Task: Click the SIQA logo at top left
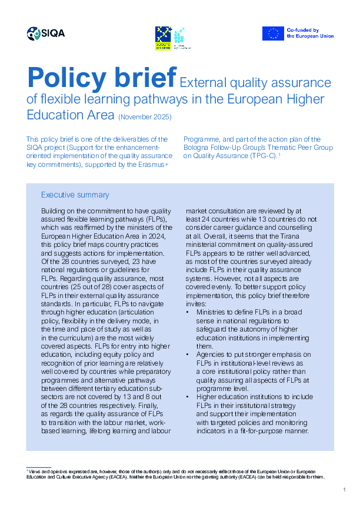[x=45, y=34]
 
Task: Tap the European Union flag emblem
[x=273, y=34]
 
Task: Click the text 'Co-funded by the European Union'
[x=310, y=33]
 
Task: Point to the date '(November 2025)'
[x=145, y=117]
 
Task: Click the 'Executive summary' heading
[x=75, y=195]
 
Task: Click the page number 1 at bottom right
[x=344, y=490]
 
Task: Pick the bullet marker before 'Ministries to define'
[x=187, y=313]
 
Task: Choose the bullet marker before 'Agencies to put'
[x=187, y=354]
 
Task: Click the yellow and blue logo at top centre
[x=164, y=37]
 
